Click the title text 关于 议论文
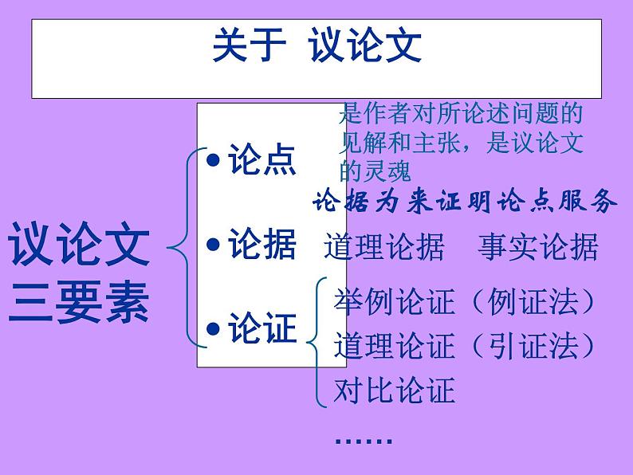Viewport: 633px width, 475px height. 316,46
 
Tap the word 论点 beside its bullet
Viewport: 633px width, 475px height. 262,159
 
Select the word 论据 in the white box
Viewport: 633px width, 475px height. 262,244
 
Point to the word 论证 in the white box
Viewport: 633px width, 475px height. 262,328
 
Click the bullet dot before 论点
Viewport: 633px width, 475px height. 212,160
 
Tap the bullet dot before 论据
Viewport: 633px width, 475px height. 212,245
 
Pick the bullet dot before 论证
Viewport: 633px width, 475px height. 212,329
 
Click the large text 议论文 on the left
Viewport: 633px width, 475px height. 80,245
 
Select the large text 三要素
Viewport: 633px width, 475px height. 80,302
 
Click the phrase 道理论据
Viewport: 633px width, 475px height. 383,248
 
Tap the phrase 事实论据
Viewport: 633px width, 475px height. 538,248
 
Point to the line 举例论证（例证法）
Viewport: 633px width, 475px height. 466,304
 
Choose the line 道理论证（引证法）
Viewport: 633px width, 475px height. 466,347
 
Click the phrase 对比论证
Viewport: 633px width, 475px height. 395,391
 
